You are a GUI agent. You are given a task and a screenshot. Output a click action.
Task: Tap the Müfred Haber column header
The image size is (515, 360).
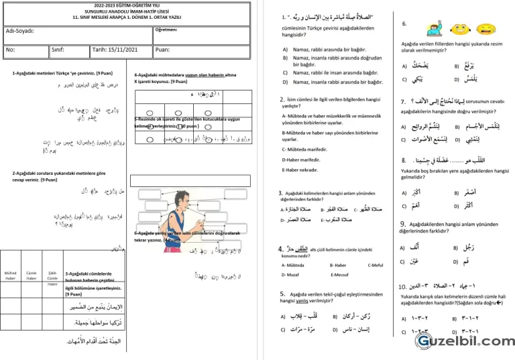[x=11, y=276]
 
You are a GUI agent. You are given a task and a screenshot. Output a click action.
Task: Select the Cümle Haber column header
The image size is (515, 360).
[x=32, y=276]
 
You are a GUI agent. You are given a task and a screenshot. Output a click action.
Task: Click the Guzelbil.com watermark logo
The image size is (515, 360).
[x=463, y=341]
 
